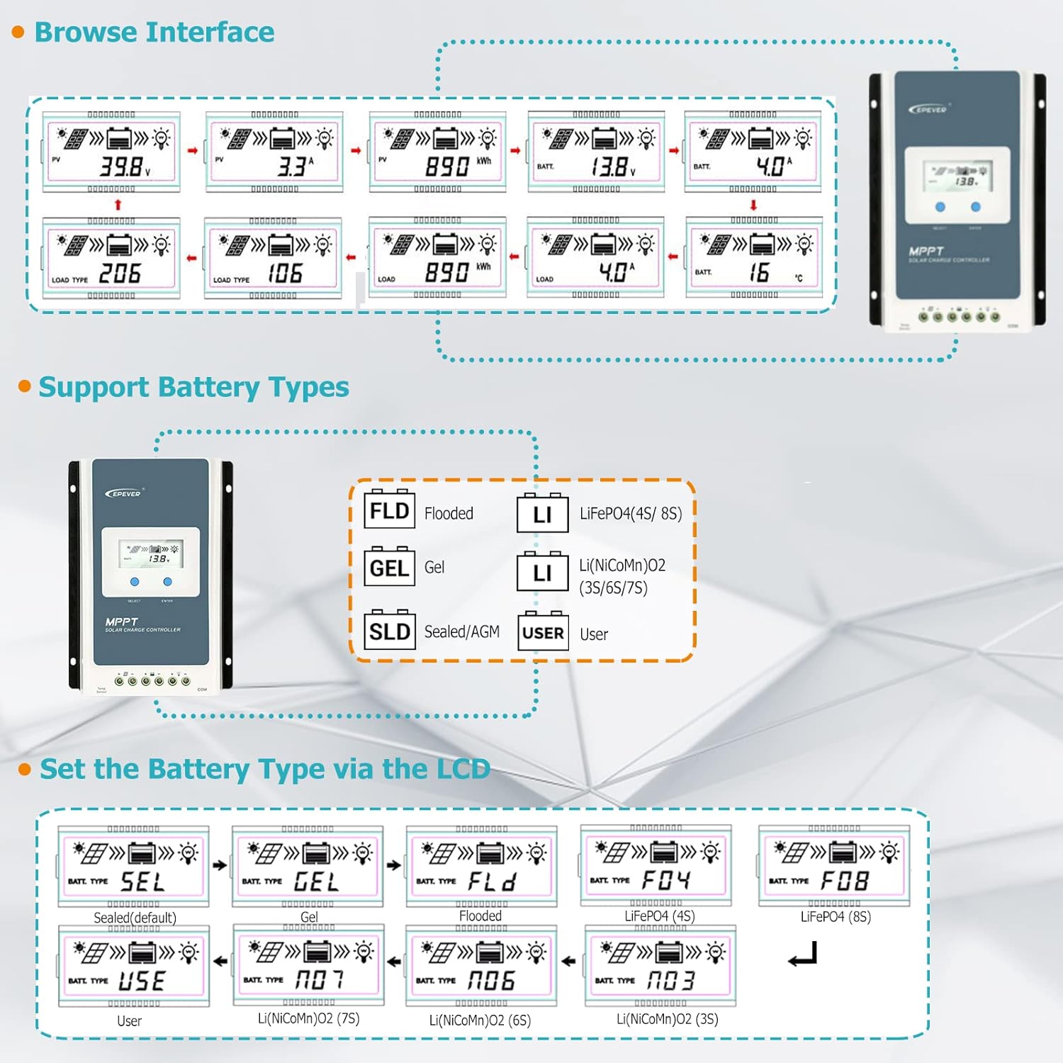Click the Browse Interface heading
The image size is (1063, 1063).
(x=154, y=33)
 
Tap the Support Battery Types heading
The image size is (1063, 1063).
(x=193, y=388)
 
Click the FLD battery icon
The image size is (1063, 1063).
(x=389, y=510)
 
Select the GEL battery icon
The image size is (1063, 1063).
(x=389, y=567)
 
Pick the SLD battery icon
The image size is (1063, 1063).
(x=389, y=630)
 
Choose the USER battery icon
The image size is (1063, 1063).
(x=543, y=631)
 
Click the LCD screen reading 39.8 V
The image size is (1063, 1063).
(x=112, y=152)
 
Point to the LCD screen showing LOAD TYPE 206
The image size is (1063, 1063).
(x=112, y=259)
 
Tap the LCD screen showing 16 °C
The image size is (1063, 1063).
(x=754, y=258)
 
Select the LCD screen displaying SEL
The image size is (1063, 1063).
(x=134, y=866)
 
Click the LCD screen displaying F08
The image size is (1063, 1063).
(x=834, y=866)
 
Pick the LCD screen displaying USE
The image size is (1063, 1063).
(x=134, y=966)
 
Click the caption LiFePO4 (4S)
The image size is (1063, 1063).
(x=660, y=916)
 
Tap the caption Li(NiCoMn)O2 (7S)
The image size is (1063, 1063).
(x=309, y=1018)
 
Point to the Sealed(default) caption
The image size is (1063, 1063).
(x=135, y=918)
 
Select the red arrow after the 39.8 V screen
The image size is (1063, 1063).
(x=193, y=151)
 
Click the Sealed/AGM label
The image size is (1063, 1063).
(x=461, y=631)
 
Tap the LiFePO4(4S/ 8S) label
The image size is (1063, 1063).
(x=631, y=514)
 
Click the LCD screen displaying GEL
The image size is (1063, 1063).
(x=308, y=866)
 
